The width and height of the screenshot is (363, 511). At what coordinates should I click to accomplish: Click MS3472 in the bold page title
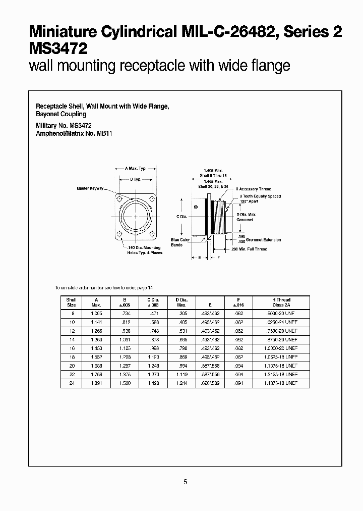tap(59, 49)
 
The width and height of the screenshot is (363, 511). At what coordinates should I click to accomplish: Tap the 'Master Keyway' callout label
tap(90, 188)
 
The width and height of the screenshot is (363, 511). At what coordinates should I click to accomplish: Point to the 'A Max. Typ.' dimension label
tap(136, 168)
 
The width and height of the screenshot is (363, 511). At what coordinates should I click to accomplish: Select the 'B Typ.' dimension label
tap(136, 179)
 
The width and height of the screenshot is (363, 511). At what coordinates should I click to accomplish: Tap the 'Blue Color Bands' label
tap(180, 242)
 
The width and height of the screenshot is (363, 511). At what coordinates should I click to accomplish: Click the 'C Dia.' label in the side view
tap(183, 217)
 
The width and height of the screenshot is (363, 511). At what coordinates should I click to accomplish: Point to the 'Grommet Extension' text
tap(267, 240)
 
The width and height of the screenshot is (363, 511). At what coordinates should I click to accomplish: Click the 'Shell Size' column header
tap(71, 302)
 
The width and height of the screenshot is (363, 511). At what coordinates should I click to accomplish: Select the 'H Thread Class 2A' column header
tap(281, 302)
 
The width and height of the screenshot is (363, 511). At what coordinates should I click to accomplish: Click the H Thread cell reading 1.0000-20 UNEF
tap(281, 348)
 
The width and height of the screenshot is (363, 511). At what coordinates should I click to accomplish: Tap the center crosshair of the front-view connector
tap(136, 216)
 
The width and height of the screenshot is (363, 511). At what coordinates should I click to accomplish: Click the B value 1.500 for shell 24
tap(125, 384)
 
